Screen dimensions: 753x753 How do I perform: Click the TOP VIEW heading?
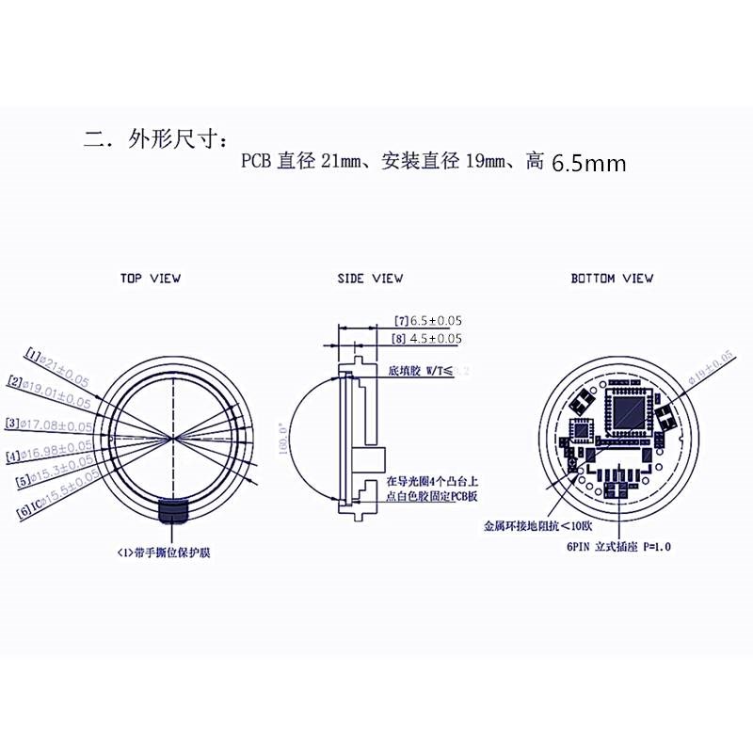tap(151, 279)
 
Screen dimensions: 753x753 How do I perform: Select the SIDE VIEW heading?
tap(370, 279)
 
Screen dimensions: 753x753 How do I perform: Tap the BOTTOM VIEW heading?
tap(612, 279)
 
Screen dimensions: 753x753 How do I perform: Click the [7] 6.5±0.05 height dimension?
tap(428, 321)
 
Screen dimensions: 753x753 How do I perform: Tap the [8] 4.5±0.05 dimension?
tap(428, 338)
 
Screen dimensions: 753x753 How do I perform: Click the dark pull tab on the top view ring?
tap(173, 511)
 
